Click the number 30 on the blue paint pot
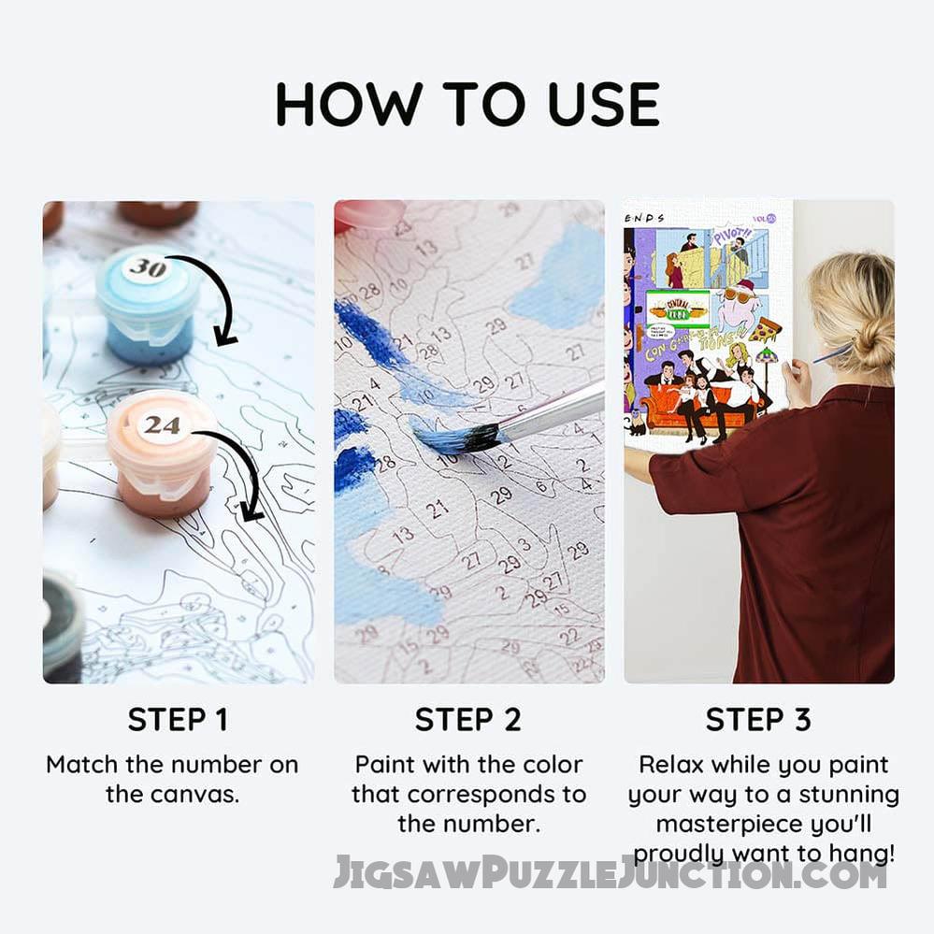[147, 268]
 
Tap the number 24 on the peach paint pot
[162, 425]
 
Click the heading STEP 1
[178, 720]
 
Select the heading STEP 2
[467, 720]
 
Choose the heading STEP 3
[758, 720]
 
